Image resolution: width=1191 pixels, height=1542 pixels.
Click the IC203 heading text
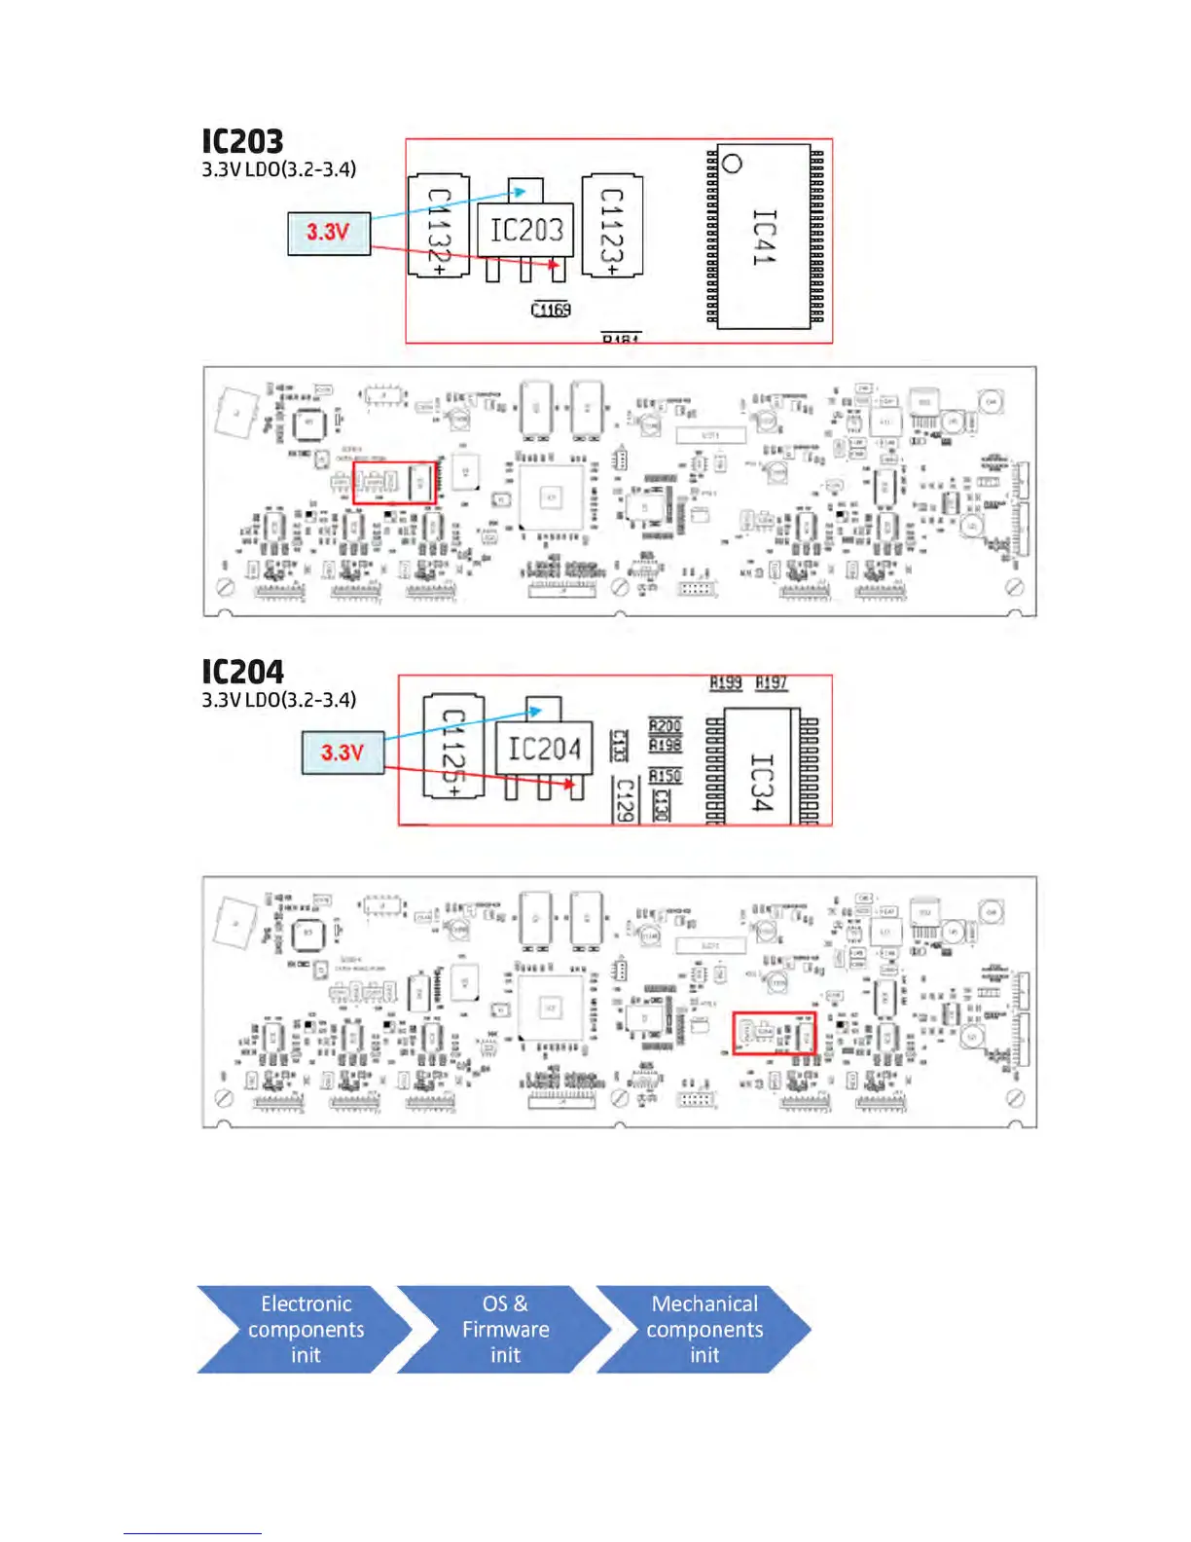click(242, 142)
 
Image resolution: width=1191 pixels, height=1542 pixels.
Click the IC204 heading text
click(242, 673)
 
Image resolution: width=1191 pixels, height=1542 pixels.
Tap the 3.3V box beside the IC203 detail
click(329, 234)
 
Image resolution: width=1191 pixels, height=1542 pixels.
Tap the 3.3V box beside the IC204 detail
click(343, 753)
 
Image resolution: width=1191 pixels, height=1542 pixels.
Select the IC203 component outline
click(525, 231)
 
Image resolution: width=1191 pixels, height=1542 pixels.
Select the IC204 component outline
click(544, 749)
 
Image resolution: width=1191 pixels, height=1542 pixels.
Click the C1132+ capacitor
click(439, 228)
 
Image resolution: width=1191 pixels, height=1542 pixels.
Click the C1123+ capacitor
click(612, 227)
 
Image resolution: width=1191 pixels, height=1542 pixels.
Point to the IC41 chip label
click(765, 237)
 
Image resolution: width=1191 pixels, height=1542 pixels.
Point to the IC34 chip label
click(762, 782)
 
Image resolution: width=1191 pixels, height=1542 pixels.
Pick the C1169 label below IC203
click(551, 310)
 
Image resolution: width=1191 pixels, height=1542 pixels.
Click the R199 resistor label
click(725, 683)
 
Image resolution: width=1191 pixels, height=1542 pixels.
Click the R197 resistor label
click(771, 683)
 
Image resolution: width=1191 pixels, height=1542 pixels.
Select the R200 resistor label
click(665, 726)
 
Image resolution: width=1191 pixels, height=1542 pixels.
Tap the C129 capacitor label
click(625, 798)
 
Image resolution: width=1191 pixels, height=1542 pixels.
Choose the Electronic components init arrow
click(306, 1330)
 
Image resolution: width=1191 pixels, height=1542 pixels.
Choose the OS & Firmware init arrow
click(505, 1330)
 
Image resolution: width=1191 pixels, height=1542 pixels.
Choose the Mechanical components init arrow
click(704, 1330)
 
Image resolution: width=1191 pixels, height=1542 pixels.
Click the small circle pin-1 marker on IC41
click(733, 164)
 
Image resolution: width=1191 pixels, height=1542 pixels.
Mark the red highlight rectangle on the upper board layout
click(394, 483)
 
